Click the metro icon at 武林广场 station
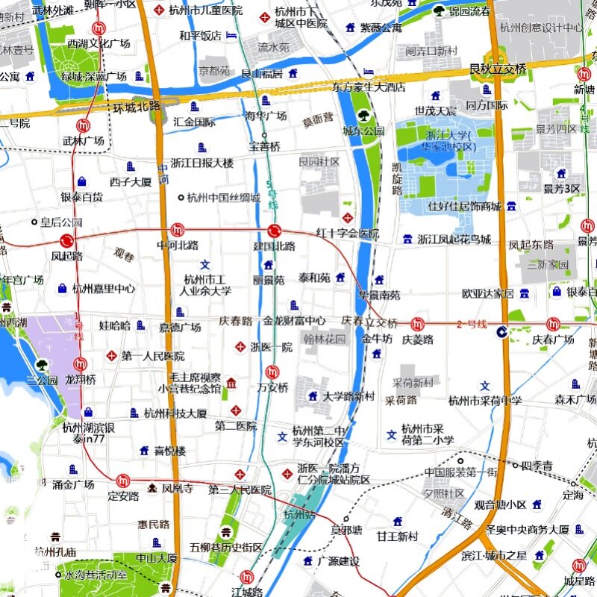(x=83, y=126)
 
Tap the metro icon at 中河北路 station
(x=177, y=230)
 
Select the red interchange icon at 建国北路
(x=274, y=231)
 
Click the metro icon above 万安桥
(x=273, y=371)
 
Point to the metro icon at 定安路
(x=123, y=481)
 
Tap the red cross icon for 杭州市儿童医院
(x=158, y=10)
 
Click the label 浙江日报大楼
(x=201, y=163)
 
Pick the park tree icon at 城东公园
(x=363, y=116)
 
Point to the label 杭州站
(x=299, y=515)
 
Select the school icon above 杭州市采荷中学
(x=486, y=386)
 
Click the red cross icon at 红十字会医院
(x=347, y=217)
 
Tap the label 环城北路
(x=137, y=106)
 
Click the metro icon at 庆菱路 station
(x=417, y=324)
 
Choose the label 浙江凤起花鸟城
(x=454, y=240)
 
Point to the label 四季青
(x=537, y=466)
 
